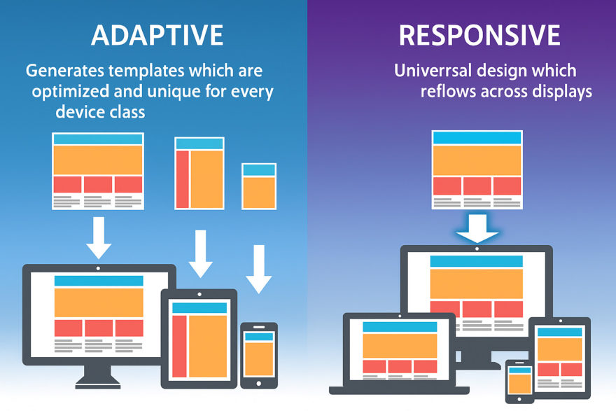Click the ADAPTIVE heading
tap(157, 36)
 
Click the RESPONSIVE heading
tap(479, 36)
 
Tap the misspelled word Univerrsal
tap(433, 71)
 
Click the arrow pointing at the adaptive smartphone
tap(259, 269)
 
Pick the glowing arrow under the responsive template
tap(477, 228)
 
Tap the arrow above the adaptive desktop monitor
tap(99, 238)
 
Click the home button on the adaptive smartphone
tap(258, 384)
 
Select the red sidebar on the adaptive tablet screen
tap(179, 346)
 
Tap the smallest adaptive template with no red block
tap(259, 186)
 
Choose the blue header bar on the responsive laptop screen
tap(400, 327)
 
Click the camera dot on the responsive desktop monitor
tap(477, 249)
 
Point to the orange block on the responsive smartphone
tap(519, 384)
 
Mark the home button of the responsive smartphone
tap(519, 399)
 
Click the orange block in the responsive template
tap(477, 160)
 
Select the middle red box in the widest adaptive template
tap(98, 184)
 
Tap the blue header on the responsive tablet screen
tap(560, 332)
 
